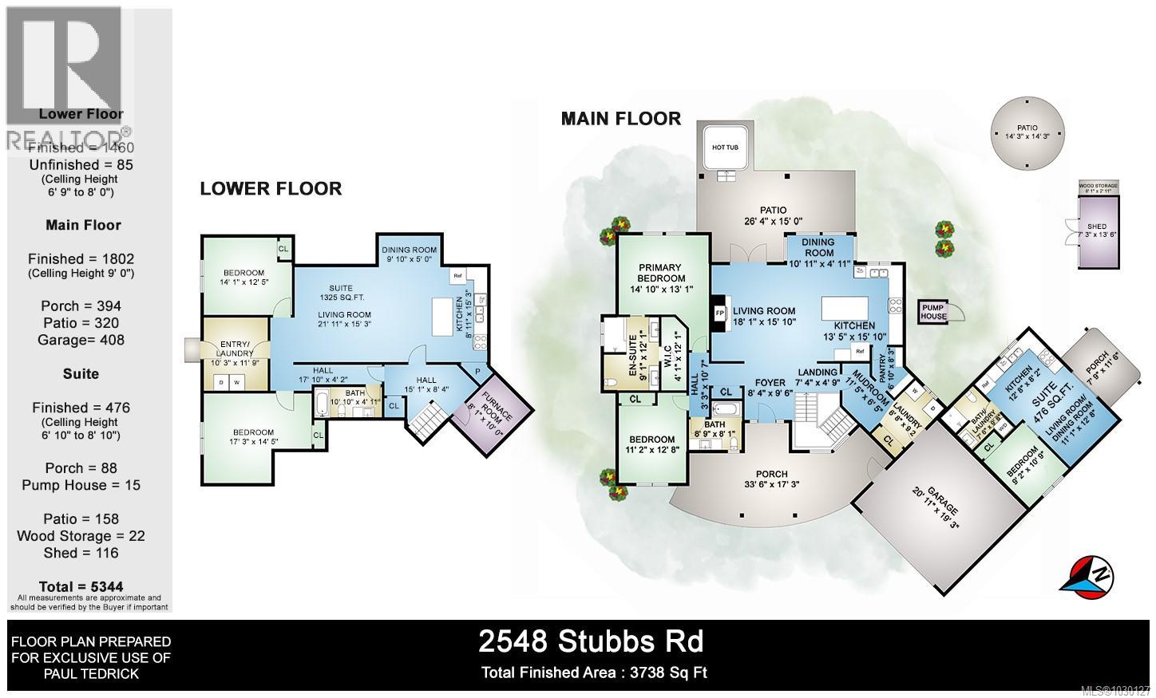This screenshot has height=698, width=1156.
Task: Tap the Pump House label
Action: point(933,311)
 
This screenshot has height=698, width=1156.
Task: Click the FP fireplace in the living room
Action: point(719,314)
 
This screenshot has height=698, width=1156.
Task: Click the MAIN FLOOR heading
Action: point(620,119)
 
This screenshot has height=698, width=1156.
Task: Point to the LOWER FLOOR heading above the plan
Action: point(270,189)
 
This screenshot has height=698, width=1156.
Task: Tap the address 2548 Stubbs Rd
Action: point(591,641)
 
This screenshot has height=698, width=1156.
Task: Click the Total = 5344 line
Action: point(81,586)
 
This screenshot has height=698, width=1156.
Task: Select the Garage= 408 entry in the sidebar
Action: point(84,340)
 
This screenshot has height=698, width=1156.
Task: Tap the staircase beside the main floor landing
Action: point(822,420)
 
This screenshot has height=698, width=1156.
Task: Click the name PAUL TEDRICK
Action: point(89,674)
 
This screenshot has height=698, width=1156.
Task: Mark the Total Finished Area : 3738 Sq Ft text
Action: point(594,672)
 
